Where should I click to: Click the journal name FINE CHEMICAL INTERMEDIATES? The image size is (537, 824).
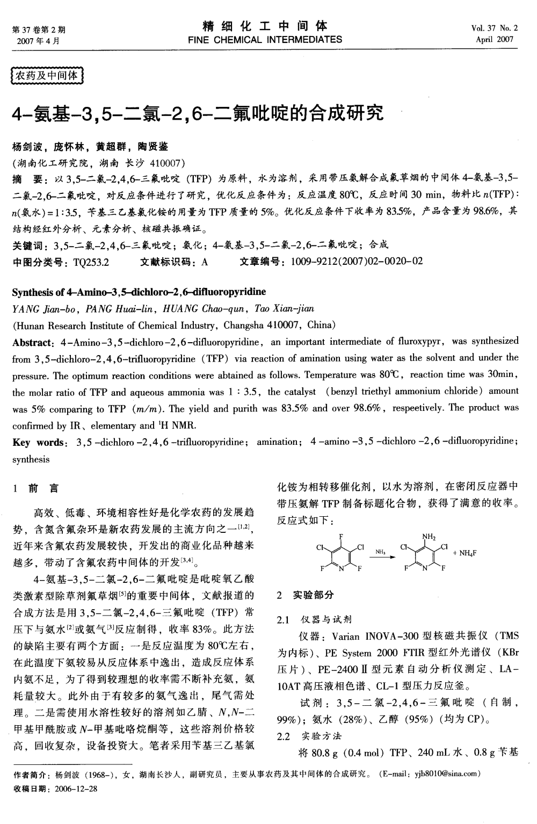coord(265,39)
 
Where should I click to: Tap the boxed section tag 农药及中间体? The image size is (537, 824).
coord(48,76)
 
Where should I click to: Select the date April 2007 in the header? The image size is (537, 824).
coord(495,39)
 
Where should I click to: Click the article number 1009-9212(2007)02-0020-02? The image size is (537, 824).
coord(357,262)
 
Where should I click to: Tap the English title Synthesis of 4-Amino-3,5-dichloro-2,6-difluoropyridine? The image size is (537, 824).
coord(139,292)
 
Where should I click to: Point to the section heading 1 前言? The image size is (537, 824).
coord(37,489)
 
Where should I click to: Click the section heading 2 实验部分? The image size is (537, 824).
coord(304,595)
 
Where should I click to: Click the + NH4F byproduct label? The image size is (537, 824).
coord(465,553)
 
